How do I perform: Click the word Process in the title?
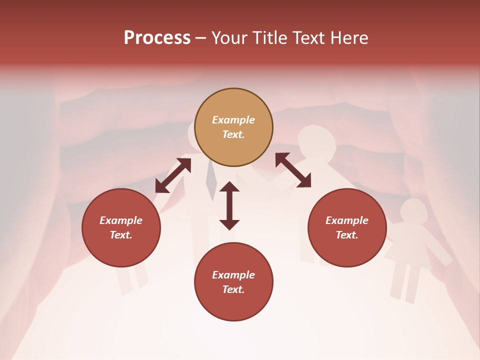[157, 38]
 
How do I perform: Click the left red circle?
[121, 227]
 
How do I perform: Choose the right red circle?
[347, 227]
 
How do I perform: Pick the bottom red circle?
[233, 281]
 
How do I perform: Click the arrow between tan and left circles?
[173, 175]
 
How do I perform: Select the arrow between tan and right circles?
[293, 170]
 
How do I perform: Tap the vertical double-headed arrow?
[229, 205]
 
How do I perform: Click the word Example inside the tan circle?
[233, 120]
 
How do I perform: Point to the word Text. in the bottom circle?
[233, 289]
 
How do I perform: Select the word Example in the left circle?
[121, 220]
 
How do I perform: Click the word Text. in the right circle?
[347, 235]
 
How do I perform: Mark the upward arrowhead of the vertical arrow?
[229, 187]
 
